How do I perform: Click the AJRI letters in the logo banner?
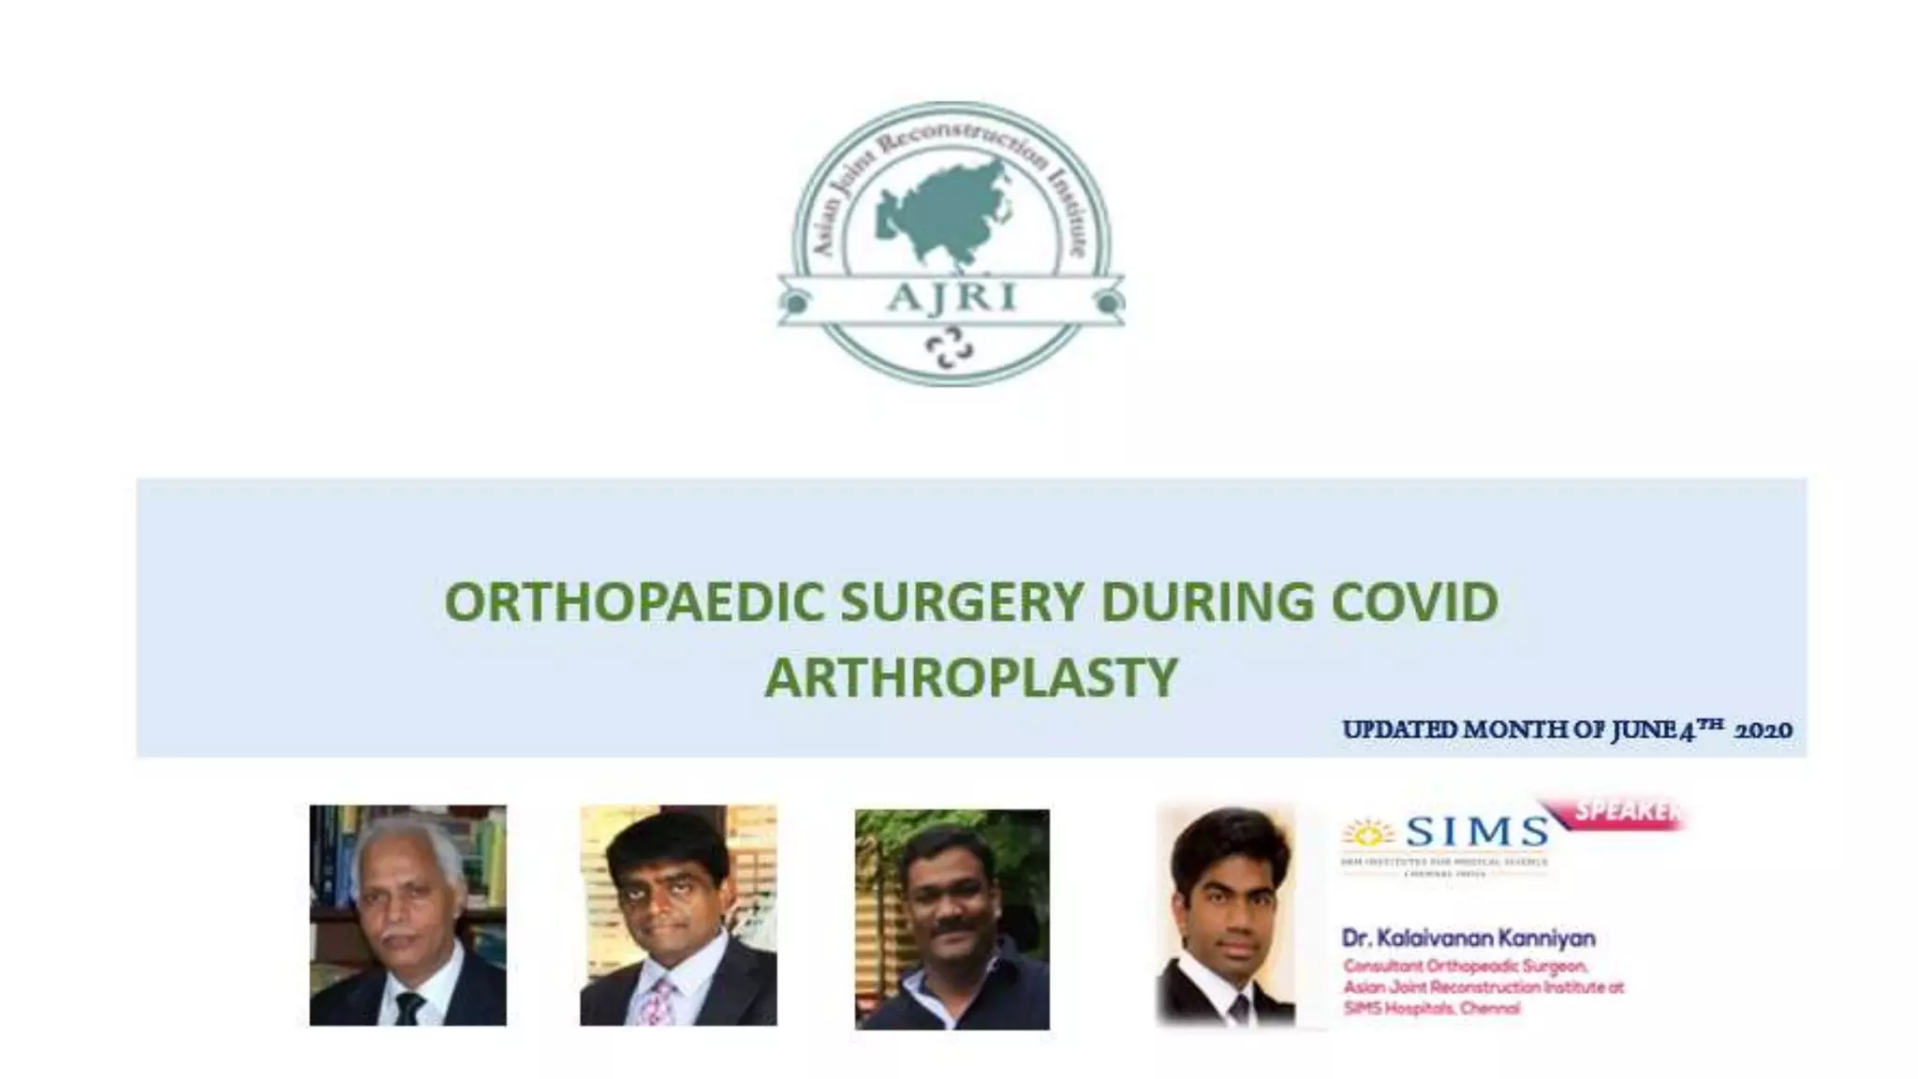[x=950, y=297]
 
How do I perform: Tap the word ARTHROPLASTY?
[x=970, y=677]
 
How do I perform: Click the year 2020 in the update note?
[x=1763, y=731]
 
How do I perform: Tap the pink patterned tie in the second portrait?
[x=660, y=999]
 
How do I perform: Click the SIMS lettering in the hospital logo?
[x=1477, y=832]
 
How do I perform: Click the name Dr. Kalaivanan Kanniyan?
[x=1468, y=938]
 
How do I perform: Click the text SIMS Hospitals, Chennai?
[x=1431, y=1009]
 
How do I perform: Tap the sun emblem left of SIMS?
[x=1369, y=832]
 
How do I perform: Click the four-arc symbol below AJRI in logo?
[x=949, y=348]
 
